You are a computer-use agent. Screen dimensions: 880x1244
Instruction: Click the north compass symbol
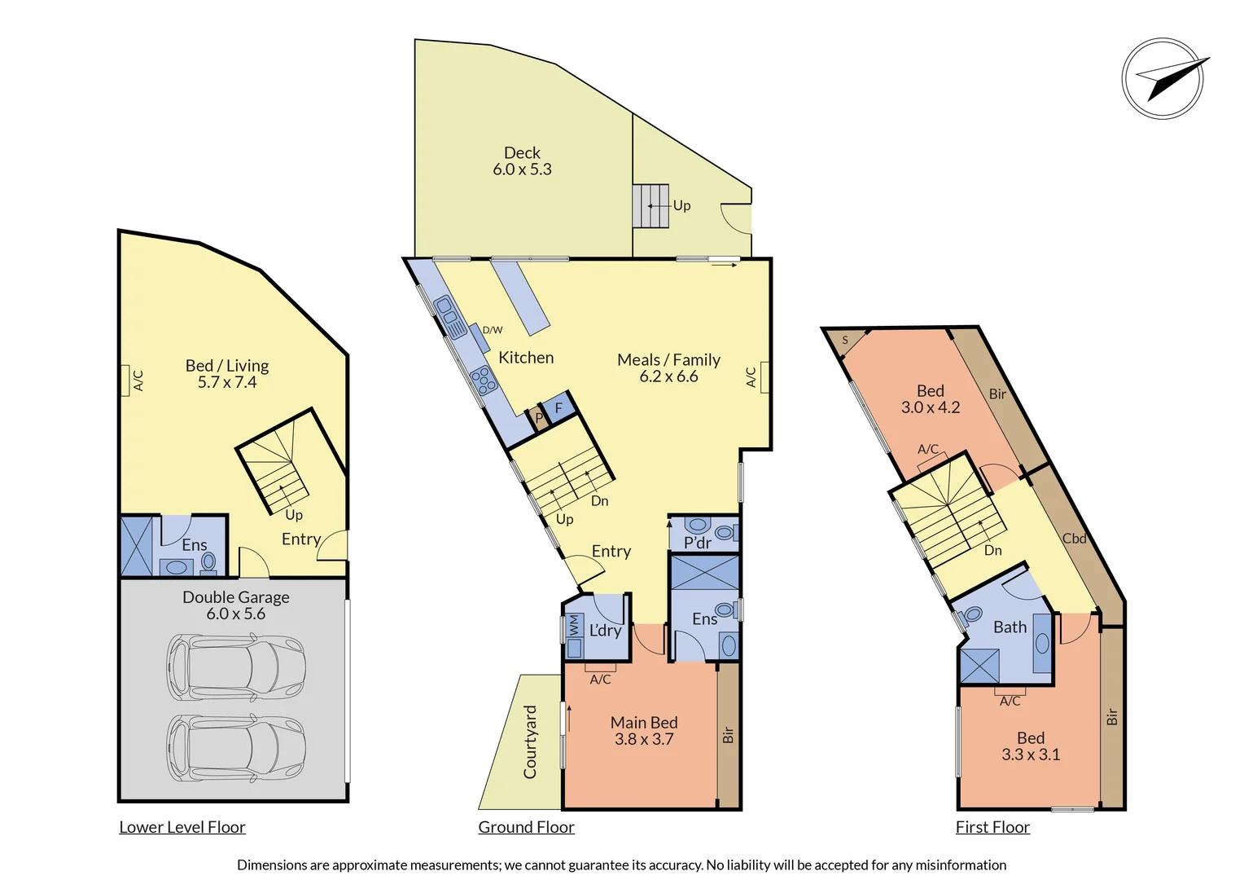[1163, 79]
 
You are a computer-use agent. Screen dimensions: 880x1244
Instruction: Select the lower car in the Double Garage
[235, 749]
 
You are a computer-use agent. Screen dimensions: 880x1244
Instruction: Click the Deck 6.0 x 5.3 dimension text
[522, 169]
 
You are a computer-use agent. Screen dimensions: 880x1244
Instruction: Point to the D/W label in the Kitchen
[493, 330]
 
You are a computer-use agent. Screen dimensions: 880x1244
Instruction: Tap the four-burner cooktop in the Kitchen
[483, 381]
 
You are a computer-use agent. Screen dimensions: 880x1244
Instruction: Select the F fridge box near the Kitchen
[558, 408]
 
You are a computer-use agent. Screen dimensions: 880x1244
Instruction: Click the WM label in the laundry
[574, 626]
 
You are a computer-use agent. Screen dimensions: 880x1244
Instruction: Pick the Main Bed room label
[644, 723]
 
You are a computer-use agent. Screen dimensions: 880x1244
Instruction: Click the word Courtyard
[530, 742]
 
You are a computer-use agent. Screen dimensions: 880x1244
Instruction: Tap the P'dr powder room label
[698, 543]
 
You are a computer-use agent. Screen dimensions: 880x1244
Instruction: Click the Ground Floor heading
[526, 827]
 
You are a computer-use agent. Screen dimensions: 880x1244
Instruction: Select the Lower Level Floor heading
[182, 827]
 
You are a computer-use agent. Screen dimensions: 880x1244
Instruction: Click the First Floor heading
[992, 827]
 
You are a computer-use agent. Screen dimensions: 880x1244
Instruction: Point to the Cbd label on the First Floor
[1074, 539]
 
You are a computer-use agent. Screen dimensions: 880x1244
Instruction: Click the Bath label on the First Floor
[1010, 627]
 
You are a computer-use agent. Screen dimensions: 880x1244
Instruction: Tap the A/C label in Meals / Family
[751, 377]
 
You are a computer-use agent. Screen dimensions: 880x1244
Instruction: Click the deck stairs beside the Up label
[650, 206]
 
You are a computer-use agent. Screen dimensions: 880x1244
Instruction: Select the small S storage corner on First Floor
[845, 340]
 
